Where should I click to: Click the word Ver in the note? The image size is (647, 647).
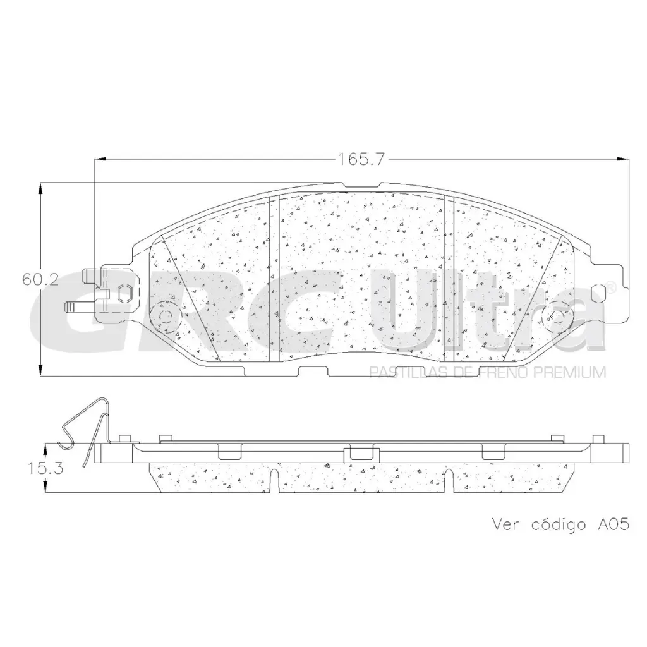(x=506, y=525)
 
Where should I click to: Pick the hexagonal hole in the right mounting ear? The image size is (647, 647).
(x=600, y=297)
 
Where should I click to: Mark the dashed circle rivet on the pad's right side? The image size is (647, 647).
(x=555, y=317)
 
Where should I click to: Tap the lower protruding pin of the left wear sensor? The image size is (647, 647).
(x=78, y=306)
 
